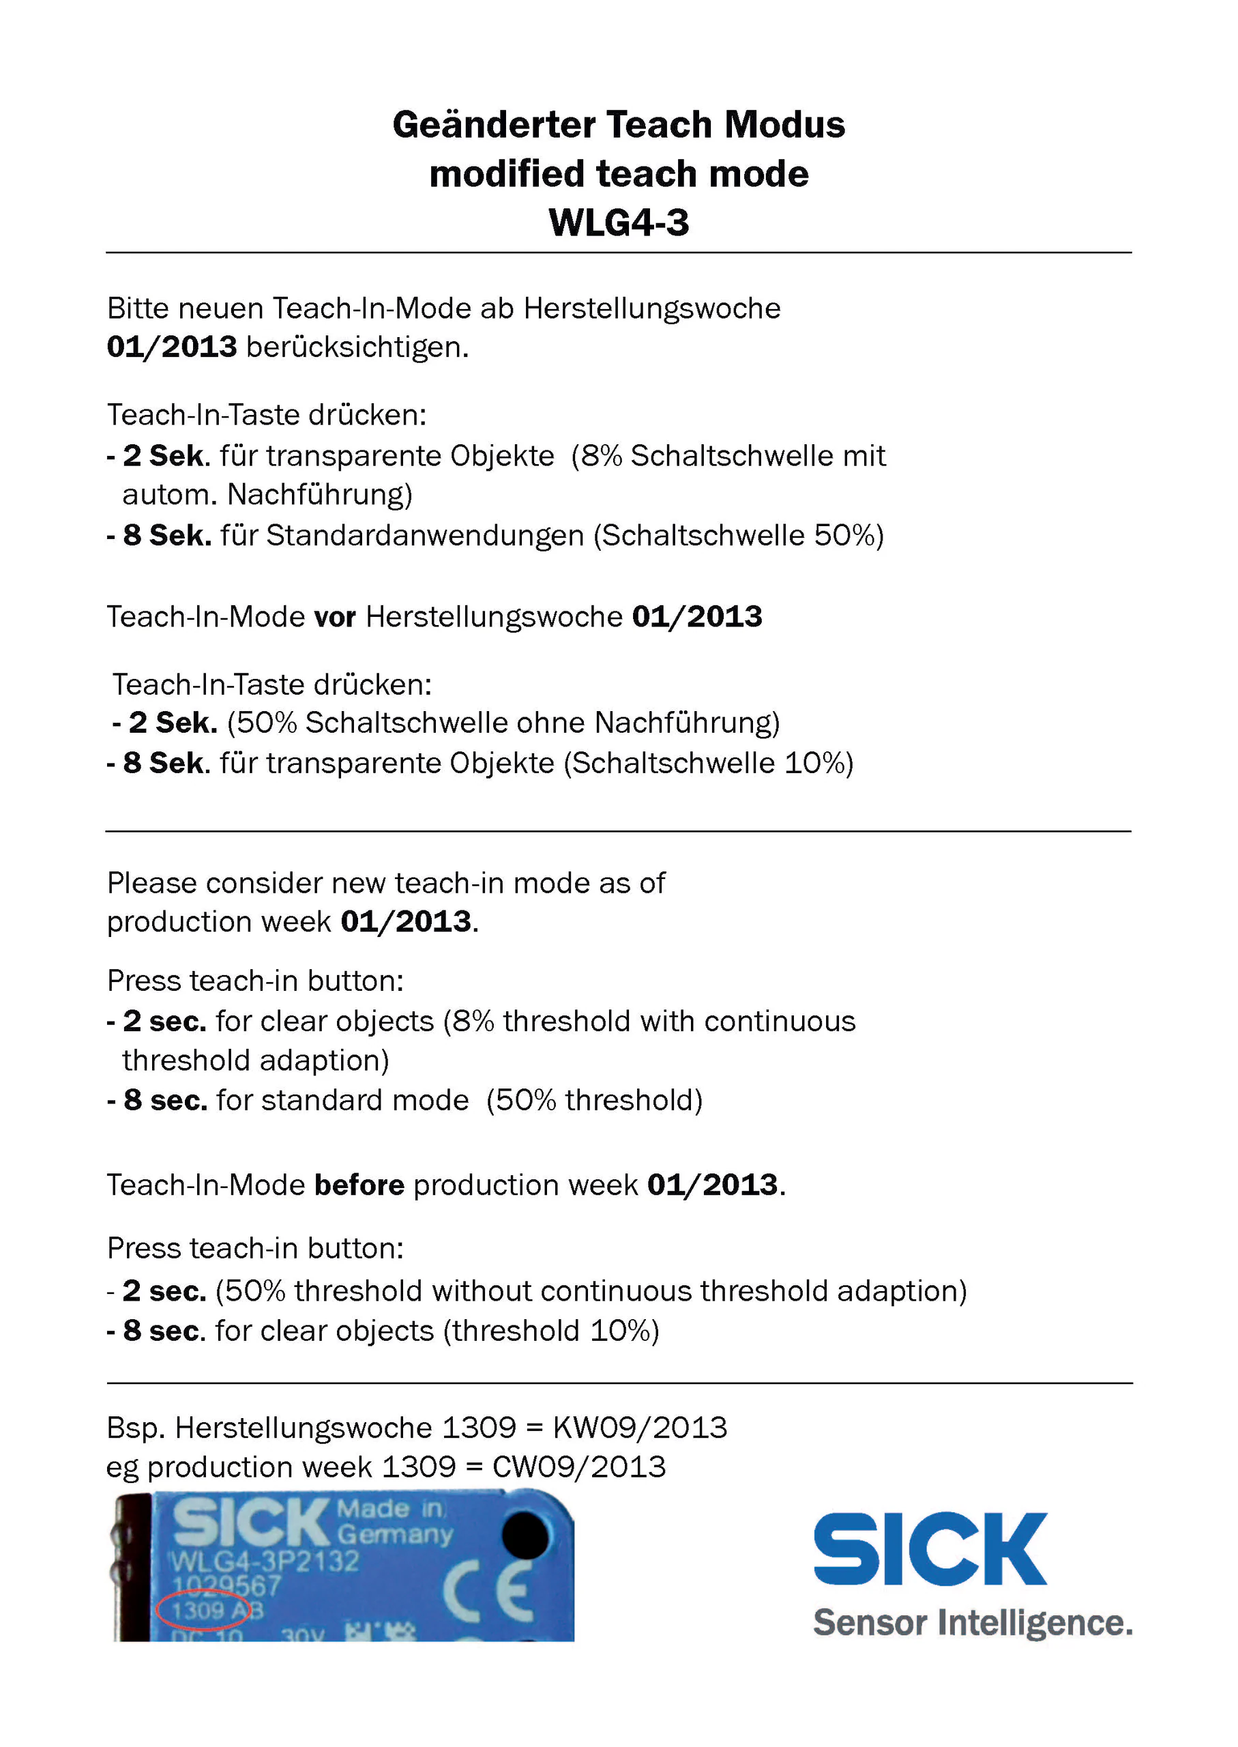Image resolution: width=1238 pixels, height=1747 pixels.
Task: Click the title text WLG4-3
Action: tap(618, 222)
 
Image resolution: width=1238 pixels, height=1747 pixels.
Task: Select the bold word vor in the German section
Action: tap(335, 616)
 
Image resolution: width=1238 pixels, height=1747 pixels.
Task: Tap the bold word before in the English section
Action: tap(359, 1185)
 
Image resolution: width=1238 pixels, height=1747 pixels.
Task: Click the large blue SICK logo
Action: tap(930, 1550)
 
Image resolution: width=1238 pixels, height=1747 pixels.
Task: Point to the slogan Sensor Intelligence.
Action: tap(972, 1623)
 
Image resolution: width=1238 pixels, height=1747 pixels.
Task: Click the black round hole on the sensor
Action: tap(525, 1535)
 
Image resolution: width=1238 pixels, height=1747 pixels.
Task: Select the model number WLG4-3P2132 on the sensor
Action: tap(264, 1561)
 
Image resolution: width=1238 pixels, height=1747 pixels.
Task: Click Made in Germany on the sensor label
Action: tap(394, 1521)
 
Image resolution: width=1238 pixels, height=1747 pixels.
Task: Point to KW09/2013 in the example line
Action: tap(640, 1428)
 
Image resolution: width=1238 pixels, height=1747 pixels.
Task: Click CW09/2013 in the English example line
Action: tap(578, 1467)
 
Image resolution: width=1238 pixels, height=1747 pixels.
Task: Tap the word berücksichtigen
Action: tap(357, 347)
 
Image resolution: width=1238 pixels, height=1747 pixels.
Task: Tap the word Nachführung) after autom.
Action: tap(319, 494)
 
